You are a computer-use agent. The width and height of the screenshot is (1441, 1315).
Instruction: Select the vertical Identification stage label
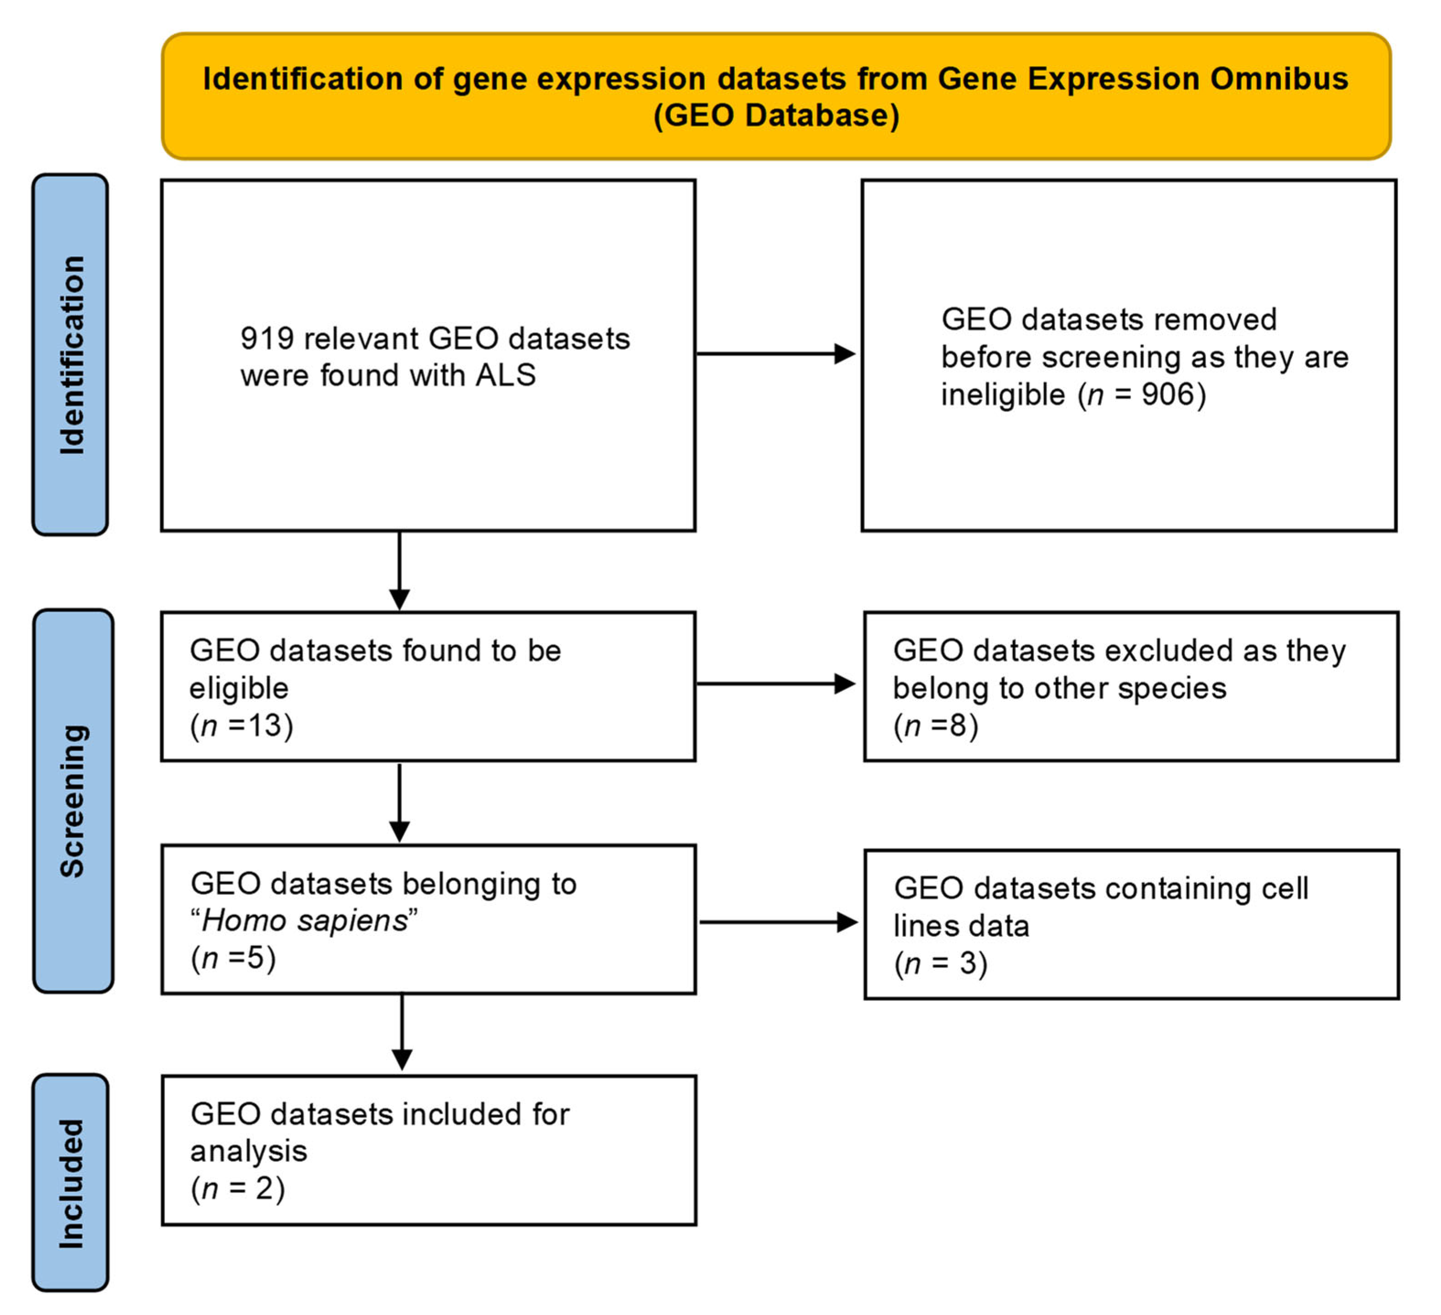(71, 355)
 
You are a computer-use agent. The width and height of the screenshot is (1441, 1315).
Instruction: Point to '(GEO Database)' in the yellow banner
(776, 115)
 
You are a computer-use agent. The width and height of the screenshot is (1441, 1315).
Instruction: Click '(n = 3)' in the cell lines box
(941, 963)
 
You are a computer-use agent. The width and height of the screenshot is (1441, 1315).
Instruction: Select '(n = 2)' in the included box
(237, 1188)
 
